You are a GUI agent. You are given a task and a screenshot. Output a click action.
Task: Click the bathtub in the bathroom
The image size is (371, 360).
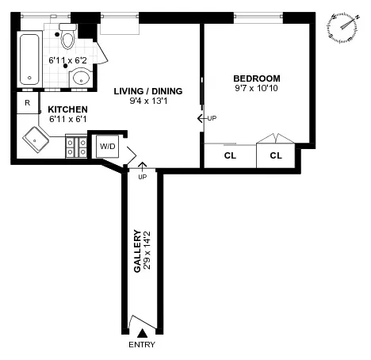pyautogui.click(x=31, y=59)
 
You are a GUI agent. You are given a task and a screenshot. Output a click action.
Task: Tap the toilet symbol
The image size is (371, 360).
pyautogui.click(x=68, y=39)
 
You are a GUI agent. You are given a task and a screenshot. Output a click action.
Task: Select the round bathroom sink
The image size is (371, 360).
pyautogui.click(x=81, y=78)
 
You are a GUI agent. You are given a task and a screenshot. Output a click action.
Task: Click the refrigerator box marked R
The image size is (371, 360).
pyautogui.click(x=28, y=103)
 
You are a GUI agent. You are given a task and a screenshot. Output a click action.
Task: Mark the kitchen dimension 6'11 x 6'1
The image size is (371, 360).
pyautogui.click(x=66, y=119)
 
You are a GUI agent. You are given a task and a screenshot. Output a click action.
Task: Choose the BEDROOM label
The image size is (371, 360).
pyautogui.click(x=258, y=78)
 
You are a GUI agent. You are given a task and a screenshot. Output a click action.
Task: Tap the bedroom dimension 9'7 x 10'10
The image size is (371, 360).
pyautogui.click(x=258, y=89)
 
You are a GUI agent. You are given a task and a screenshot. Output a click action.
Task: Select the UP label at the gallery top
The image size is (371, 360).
pyautogui.click(x=143, y=176)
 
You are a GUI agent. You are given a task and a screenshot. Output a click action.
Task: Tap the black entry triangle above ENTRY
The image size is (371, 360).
pyautogui.click(x=142, y=333)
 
